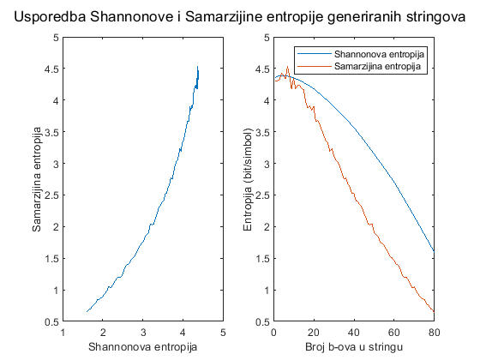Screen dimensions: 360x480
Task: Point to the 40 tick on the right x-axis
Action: [353, 331]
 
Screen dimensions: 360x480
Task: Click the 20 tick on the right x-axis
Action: [313, 331]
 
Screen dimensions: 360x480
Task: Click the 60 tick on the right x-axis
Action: [393, 331]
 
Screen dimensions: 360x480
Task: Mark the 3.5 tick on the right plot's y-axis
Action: [262, 132]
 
